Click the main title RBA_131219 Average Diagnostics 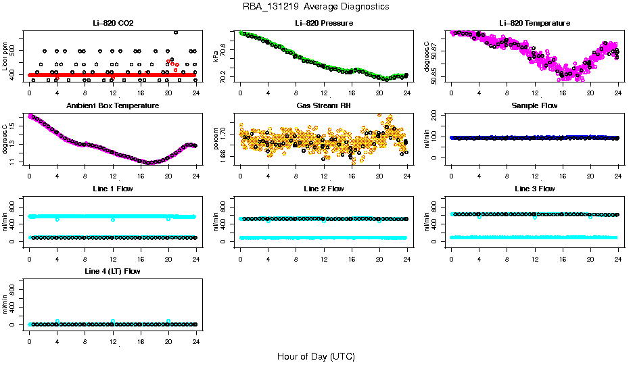coord(316,7)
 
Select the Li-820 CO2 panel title coord(113,24)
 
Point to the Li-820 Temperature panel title coord(534,24)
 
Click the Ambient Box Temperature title coord(113,106)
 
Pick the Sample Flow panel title coord(534,106)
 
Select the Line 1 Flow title coord(113,189)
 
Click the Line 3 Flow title coord(534,189)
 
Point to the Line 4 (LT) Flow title coord(113,271)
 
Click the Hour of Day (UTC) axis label coord(316,356)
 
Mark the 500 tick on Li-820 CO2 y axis coord(16,51)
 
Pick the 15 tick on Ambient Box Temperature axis coord(16,126)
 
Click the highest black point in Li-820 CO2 coord(176,32)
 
